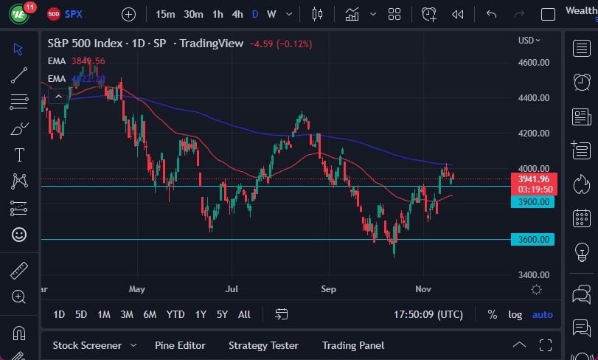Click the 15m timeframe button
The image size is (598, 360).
click(x=166, y=14)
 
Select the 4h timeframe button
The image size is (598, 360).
click(x=237, y=14)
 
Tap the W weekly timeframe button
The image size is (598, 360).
click(x=271, y=14)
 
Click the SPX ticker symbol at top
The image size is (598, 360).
click(x=74, y=14)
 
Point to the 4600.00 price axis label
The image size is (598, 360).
click(x=534, y=63)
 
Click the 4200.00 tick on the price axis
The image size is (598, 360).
click(x=534, y=134)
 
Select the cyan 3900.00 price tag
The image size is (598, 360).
click(x=532, y=201)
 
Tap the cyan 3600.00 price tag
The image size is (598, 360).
click(x=532, y=239)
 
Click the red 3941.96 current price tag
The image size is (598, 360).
click(x=532, y=179)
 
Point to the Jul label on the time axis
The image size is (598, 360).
click(x=233, y=289)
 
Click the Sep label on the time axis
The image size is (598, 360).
click(x=330, y=289)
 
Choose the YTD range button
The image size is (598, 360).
click(x=175, y=314)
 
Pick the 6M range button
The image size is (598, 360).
click(x=150, y=314)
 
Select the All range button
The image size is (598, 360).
click(x=244, y=314)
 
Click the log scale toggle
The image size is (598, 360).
click(x=515, y=314)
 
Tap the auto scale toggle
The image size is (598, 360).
click(x=543, y=314)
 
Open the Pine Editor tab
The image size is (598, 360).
click(x=180, y=345)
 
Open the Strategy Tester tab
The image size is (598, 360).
click(x=263, y=345)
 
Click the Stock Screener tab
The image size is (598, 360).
click(x=86, y=345)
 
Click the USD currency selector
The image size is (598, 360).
click(x=529, y=41)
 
